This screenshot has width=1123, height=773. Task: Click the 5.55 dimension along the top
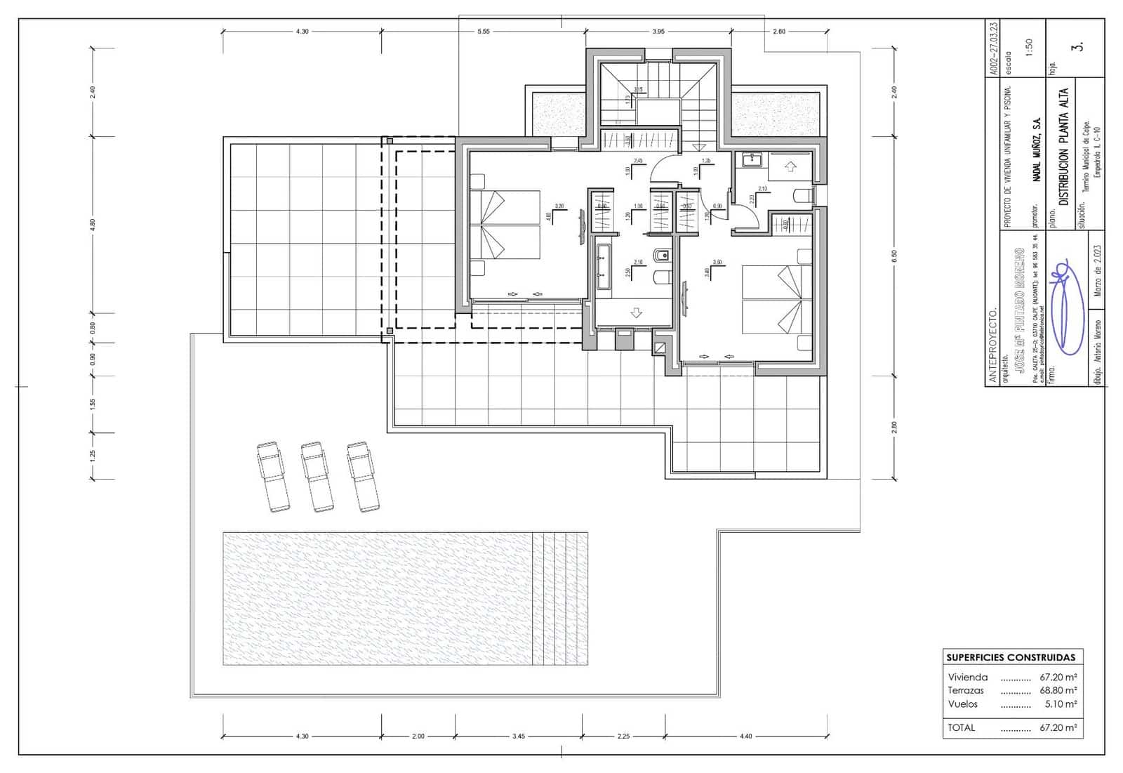tap(483, 31)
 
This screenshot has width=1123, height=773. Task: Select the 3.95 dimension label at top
tap(658, 31)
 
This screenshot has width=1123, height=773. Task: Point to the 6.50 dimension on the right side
tap(894, 256)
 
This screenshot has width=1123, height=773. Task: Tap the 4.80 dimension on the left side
tap(92, 225)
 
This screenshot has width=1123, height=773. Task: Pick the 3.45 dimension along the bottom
tap(518, 736)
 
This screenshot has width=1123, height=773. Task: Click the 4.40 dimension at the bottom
tap(745, 736)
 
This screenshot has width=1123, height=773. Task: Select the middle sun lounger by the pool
tap(317, 476)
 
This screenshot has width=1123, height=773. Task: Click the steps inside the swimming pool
tap(559, 598)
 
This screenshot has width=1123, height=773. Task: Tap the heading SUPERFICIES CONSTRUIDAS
tap(1010, 658)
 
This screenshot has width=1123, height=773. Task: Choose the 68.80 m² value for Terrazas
tap(1058, 690)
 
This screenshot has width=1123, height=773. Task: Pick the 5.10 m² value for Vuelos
tap(1061, 703)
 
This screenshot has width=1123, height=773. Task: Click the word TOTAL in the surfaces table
tap(962, 727)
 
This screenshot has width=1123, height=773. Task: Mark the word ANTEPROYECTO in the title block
tap(992, 344)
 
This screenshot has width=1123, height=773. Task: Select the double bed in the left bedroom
tap(504, 225)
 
